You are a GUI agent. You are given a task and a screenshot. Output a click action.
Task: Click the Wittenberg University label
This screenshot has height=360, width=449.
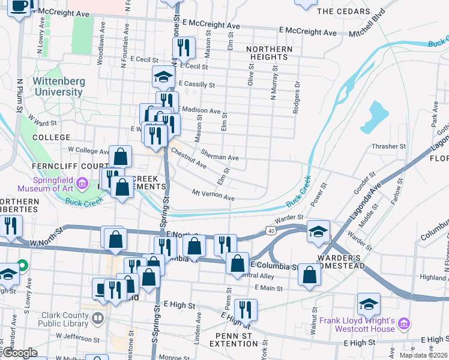58,86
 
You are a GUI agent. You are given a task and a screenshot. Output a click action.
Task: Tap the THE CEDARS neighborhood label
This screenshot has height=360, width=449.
343,11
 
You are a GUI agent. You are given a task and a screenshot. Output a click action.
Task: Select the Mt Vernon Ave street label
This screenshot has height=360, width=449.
212,196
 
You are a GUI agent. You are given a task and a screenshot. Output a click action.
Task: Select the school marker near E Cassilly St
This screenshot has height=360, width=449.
163,76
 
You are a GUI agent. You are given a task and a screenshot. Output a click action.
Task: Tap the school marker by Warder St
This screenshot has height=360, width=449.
318,231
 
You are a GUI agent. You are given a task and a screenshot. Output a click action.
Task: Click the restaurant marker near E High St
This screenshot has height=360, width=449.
245,308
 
